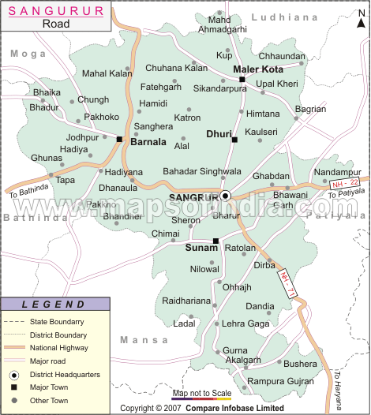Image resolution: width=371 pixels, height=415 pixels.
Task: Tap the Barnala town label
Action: pyautogui.click(x=148, y=143)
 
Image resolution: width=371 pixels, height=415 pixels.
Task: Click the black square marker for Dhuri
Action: pyautogui.click(x=234, y=140)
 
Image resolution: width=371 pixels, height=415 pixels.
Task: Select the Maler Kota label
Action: pyautogui.click(x=258, y=69)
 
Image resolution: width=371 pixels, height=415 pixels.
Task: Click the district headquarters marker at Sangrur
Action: pyautogui.click(x=225, y=195)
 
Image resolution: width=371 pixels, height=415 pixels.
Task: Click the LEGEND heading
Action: pyautogui.click(x=53, y=305)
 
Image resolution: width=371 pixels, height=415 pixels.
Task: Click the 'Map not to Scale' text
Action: pyautogui.click(x=201, y=392)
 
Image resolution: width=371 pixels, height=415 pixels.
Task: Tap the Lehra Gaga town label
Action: pyautogui.click(x=245, y=323)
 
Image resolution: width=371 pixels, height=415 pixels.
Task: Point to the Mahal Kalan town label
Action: pyautogui.click(x=107, y=73)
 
